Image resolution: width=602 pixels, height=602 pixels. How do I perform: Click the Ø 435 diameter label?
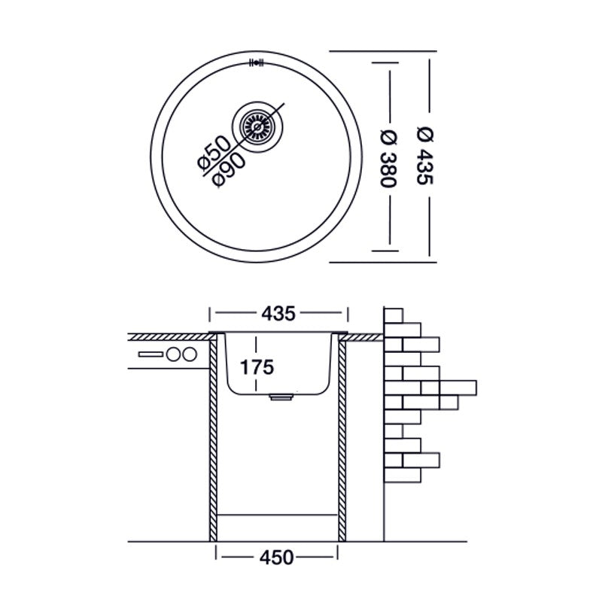(x=424, y=156)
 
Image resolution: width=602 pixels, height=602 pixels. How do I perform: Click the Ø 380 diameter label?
(x=389, y=157)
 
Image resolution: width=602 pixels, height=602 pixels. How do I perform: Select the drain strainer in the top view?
(x=257, y=127)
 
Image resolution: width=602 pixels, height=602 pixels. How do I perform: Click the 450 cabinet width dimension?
(x=278, y=558)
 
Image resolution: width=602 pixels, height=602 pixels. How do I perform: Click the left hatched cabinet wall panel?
(x=213, y=436)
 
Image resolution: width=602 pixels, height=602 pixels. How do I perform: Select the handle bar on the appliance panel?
(x=150, y=354)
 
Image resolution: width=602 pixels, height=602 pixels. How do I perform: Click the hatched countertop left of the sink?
(x=166, y=335)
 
